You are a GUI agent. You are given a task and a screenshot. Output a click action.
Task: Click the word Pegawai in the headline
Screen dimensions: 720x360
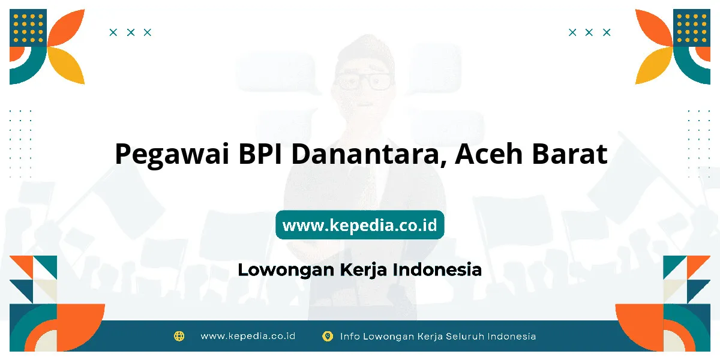(172, 155)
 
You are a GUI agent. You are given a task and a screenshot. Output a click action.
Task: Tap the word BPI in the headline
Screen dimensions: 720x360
(260, 154)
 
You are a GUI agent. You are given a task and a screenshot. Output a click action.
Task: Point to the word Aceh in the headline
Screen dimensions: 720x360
(489, 154)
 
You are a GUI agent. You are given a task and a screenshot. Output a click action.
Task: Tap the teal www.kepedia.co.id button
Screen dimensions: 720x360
(360, 224)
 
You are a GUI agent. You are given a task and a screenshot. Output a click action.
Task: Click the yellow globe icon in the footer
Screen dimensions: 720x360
(179, 336)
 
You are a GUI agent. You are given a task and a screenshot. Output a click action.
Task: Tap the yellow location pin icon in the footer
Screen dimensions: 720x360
(328, 337)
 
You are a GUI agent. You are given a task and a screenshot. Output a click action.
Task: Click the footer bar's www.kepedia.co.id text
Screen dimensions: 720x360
(248, 336)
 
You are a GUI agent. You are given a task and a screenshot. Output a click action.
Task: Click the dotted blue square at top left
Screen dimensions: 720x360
(28, 28)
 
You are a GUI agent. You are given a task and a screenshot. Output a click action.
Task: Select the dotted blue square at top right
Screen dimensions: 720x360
(692, 28)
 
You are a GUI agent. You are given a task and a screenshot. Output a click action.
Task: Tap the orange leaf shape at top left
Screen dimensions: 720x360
(66, 28)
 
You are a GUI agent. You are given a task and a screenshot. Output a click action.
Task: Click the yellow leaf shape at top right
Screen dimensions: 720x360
(654, 65)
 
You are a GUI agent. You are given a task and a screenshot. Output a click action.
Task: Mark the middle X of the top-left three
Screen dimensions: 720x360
(131, 32)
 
